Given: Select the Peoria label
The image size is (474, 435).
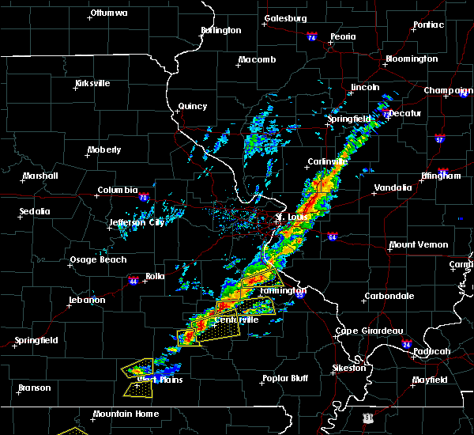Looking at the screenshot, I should pyautogui.click(x=343, y=36).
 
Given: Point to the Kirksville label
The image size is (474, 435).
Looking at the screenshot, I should pyautogui.click(x=92, y=83).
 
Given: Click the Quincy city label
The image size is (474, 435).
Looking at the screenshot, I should pyautogui.click(x=193, y=106).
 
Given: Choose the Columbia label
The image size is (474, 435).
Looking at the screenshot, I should pyautogui.click(x=118, y=190).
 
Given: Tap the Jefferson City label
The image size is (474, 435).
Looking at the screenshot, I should pyautogui.click(x=137, y=222).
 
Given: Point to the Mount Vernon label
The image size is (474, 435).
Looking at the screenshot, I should pyautogui.click(x=419, y=244).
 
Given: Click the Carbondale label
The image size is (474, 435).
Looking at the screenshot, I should pyautogui.click(x=389, y=296).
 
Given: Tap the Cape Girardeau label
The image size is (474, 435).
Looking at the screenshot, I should pyautogui.click(x=370, y=331).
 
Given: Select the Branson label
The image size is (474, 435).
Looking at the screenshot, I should pyautogui.click(x=35, y=388).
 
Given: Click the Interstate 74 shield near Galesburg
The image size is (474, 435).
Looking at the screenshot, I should pyautogui.click(x=312, y=37).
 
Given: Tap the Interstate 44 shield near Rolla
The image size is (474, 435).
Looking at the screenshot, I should pyautogui.click(x=134, y=279).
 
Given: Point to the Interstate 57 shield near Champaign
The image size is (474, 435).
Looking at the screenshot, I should pyautogui.click(x=439, y=139).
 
